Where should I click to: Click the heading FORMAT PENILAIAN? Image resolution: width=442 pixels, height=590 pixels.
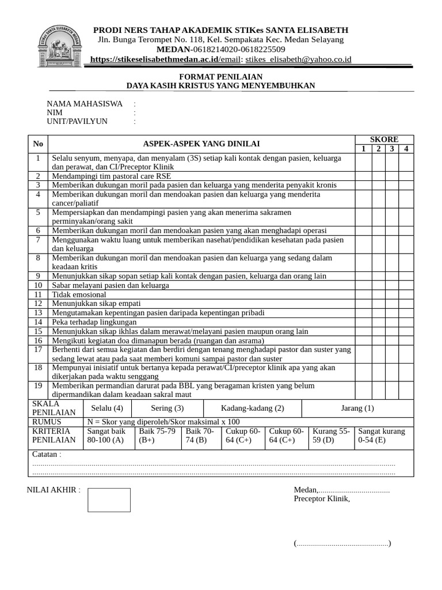click(221, 76)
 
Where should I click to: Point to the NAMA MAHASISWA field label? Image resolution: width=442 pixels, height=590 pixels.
click(85, 104)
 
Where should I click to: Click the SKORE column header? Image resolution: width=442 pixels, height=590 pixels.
click(384, 139)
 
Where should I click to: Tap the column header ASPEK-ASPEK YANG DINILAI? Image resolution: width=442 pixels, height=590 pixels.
click(201, 144)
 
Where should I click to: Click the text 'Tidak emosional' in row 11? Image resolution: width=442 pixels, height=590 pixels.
click(79, 294)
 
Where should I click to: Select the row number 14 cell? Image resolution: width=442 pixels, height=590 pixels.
click(38, 322)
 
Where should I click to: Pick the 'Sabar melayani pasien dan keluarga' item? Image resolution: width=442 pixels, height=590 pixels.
click(110, 285)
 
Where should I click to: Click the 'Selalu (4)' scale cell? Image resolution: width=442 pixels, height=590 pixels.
click(107, 408)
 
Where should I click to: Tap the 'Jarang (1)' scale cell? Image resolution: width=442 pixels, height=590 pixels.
click(357, 408)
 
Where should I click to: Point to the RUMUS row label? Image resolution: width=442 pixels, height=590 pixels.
click(47, 422)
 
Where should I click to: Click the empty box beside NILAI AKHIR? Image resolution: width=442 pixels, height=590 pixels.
click(109, 500)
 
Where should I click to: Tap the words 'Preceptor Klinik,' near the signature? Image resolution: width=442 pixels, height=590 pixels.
click(322, 499)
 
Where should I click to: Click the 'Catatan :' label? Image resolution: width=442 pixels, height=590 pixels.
click(47, 454)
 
